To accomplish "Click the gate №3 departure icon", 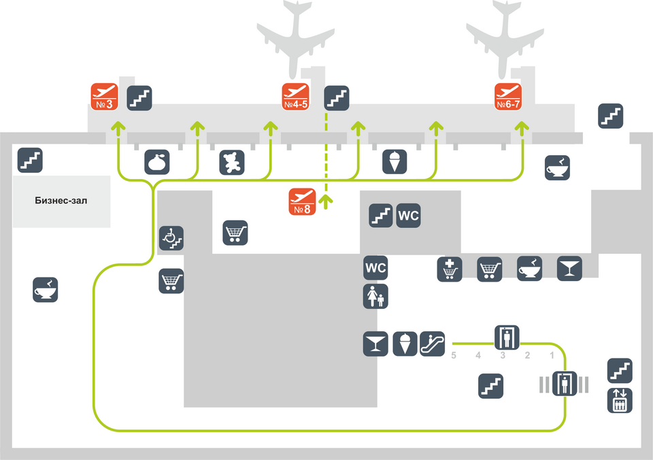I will point(105,97).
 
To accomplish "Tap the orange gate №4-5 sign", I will point(296,97).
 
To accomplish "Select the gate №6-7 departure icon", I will point(508,97).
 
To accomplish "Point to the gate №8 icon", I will point(303,201).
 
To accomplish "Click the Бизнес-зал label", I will point(61,201).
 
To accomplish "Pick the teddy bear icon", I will point(232,163).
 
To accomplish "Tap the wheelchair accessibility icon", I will point(171,237).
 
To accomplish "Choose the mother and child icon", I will point(375,296).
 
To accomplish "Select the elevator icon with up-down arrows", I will point(620,400).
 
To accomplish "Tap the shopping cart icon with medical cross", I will point(450,269).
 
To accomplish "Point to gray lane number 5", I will point(454,355).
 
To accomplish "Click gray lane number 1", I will point(552,355).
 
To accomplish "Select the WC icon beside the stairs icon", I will point(408,215).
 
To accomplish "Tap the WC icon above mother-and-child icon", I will point(375,267).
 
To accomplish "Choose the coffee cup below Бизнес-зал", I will point(46,290).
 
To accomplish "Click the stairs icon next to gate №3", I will point(139,98).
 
